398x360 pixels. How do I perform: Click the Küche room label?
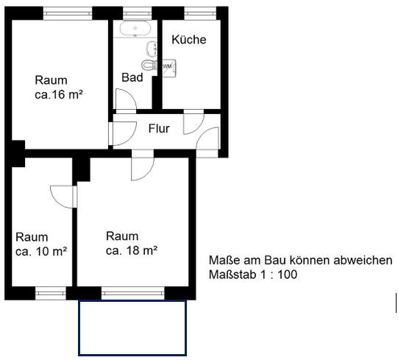click(189, 40)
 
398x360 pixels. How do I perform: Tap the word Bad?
click(132, 77)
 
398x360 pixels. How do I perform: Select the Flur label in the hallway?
click(159, 129)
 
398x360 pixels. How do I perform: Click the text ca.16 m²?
click(59, 94)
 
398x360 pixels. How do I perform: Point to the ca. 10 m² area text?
click(41, 252)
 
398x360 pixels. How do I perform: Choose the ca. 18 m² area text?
click(132, 251)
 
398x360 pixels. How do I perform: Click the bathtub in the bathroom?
click(135, 28)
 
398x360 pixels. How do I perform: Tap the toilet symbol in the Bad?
click(149, 65)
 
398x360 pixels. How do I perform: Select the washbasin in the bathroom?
click(152, 48)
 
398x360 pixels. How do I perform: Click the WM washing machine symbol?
click(169, 68)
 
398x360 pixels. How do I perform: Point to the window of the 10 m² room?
click(51, 293)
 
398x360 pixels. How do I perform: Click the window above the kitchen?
click(200, 13)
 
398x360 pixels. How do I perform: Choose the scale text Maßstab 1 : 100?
click(253, 275)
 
